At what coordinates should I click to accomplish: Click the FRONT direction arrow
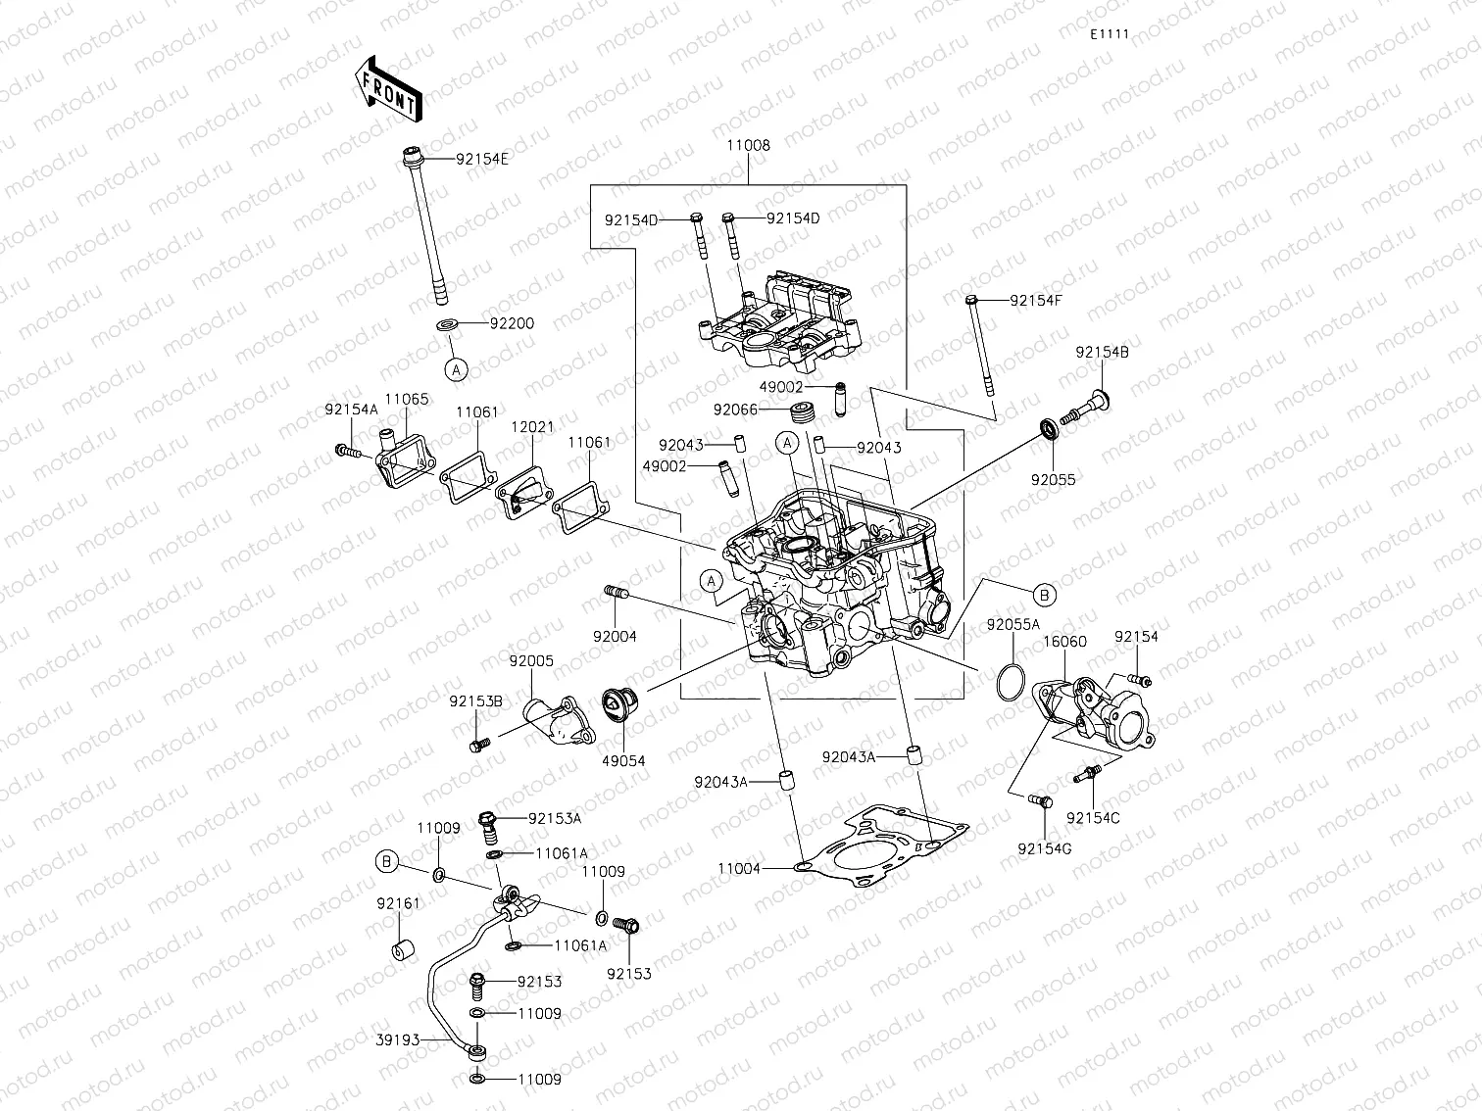tap(386, 89)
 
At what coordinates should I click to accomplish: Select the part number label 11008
tap(748, 145)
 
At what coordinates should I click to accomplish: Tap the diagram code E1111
tap(1110, 34)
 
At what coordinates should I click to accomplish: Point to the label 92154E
tap(482, 159)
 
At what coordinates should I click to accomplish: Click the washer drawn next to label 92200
tap(447, 324)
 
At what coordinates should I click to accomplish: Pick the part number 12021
tap(532, 427)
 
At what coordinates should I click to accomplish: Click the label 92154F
tap(1036, 301)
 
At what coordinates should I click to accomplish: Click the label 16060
tap(1063, 641)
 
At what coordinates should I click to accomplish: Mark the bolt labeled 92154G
tap(1040, 801)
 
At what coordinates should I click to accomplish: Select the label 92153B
tap(476, 701)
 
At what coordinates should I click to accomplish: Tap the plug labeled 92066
tap(804, 412)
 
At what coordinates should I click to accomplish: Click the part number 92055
tap(1053, 480)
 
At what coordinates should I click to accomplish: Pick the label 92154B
tap(1102, 352)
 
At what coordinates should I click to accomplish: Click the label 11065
tap(406, 399)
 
